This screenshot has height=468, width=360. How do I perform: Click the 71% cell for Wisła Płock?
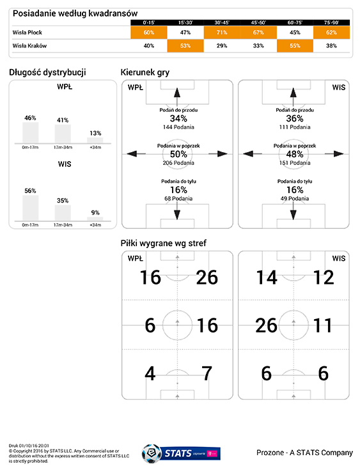(x=222, y=33)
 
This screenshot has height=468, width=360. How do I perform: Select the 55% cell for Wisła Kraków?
(x=295, y=46)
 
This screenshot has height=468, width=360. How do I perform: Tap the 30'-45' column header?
(x=222, y=22)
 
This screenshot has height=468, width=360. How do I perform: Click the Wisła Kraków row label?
(x=29, y=46)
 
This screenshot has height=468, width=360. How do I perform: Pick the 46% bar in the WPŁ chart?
(x=31, y=133)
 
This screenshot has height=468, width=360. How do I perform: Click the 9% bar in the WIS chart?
(x=95, y=219)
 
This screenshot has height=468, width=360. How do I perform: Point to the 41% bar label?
(x=63, y=120)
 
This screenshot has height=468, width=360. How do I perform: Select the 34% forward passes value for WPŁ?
(x=178, y=118)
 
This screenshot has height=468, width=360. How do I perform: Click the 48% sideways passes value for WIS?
(x=295, y=154)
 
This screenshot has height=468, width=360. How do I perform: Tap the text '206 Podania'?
(x=178, y=163)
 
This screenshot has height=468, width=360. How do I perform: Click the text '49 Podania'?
(x=295, y=198)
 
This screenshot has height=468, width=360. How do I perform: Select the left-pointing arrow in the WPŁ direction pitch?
(x=136, y=154)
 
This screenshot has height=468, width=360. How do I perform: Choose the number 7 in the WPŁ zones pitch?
(x=207, y=373)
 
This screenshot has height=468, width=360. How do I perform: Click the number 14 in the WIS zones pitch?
(x=267, y=277)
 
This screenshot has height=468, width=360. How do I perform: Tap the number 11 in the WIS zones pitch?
(x=323, y=325)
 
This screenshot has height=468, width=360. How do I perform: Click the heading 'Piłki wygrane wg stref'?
(x=163, y=243)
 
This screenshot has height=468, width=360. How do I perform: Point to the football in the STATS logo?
(x=152, y=454)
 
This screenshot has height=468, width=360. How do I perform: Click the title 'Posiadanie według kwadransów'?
(x=75, y=13)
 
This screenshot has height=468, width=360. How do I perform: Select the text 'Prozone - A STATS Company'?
(x=304, y=453)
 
